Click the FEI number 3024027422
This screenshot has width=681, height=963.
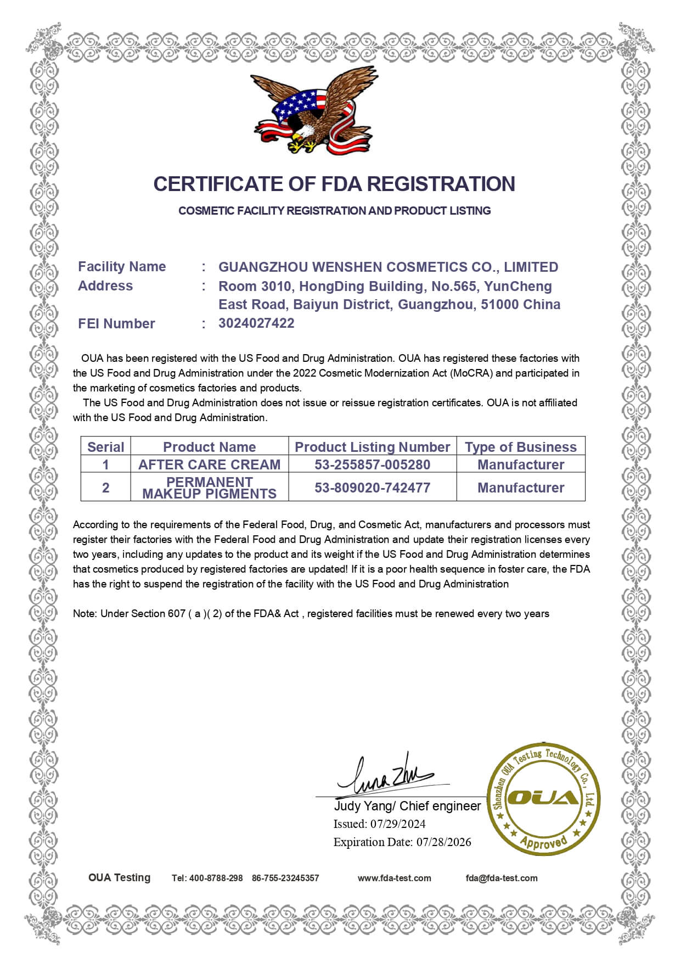[x=256, y=323]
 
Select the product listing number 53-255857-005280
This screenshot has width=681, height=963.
[x=372, y=464]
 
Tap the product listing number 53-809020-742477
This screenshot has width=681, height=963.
[x=372, y=488]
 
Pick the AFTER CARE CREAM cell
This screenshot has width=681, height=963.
[x=209, y=464]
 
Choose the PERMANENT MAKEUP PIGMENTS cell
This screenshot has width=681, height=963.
[x=209, y=488]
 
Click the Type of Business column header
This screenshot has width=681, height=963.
[x=520, y=447]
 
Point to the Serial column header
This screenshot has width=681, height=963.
[x=105, y=447]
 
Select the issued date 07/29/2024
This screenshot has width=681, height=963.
[x=398, y=824]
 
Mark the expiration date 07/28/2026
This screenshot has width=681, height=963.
[x=443, y=842]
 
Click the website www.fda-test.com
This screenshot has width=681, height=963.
[x=394, y=878]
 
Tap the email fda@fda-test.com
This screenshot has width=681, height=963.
[x=502, y=878]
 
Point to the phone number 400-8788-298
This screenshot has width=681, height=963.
[x=216, y=878]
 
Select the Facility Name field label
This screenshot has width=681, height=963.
[x=122, y=267]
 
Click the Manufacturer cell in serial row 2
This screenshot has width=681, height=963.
[x=520, y=488]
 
